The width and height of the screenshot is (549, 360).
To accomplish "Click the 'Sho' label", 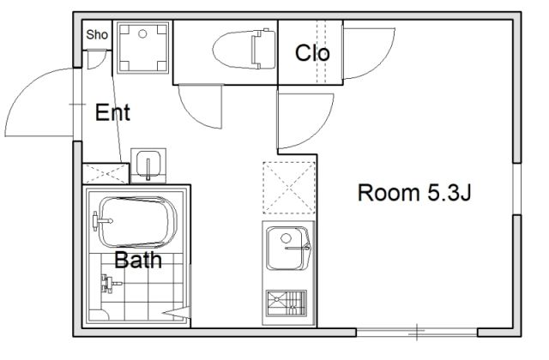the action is (x=97, y=34).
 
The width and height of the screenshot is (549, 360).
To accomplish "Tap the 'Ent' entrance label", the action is (x=112, y=112).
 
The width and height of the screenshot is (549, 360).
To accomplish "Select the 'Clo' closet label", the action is (x=312, y=53).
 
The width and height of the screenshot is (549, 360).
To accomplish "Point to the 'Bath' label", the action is (x=138, y=260).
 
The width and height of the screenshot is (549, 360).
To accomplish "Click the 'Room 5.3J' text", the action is (x=414, y=192).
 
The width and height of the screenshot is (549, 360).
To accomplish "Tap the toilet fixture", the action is (x=244, y=50).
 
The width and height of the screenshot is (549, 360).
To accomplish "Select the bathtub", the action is (x=138, y=222).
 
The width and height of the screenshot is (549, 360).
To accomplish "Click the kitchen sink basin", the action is (x=287, y=248).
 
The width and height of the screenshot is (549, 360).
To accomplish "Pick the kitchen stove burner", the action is (x=286, y=303).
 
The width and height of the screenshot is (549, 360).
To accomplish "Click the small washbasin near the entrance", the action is (x=148, y=165).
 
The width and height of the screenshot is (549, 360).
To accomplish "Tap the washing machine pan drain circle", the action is (x=142, y=34).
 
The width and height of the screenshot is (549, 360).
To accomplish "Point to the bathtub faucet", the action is (x=102, y=221).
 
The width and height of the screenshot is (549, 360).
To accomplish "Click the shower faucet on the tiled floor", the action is (x=111, y=283).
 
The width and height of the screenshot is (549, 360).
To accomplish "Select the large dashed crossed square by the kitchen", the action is (x=289, y=188).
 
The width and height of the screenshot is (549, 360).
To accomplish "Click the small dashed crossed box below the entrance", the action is (x=106, y=173).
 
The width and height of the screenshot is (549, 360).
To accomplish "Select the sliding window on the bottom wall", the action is (x=417, y=332).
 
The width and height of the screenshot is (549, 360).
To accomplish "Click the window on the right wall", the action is (x=517, y=189).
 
